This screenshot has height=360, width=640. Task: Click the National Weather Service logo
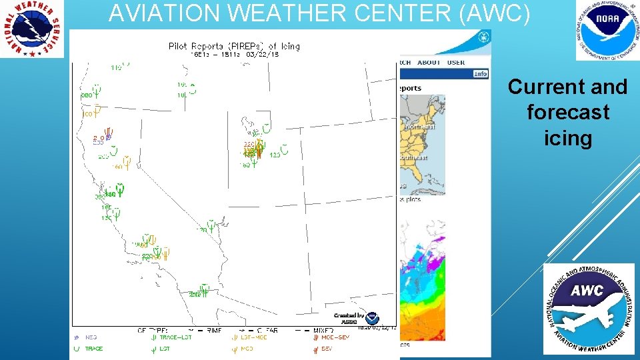[33, 28]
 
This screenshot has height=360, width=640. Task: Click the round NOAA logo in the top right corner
[607, 30]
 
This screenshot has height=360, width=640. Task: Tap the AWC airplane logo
[589, 309]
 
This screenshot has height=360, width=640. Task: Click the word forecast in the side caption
[568, 112]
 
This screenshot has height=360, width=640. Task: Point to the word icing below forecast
[568, 138]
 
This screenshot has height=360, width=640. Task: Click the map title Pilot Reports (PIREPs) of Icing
[234, 46]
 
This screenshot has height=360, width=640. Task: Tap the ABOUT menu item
[429, 63]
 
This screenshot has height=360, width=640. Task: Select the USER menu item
[456, 63]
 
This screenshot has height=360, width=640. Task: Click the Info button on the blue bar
[480, 74]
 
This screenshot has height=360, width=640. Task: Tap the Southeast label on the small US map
[415, 157]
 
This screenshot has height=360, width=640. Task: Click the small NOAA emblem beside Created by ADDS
[371, 318]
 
